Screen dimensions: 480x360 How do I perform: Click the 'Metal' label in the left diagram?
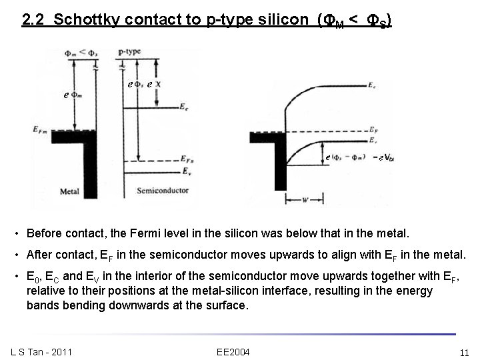click(69, 192)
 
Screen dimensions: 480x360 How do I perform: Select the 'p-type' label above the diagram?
click(130, 51)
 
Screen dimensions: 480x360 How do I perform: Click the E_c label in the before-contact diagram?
click(185, 105)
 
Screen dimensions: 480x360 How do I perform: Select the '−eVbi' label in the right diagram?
click(385, 157)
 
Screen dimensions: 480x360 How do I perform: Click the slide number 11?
click(465, 351)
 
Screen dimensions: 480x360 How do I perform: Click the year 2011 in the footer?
click(62, 351)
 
